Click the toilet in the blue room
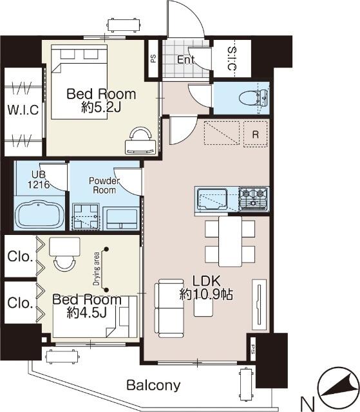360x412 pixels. click(253, 98)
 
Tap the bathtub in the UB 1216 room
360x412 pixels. click(40, 214)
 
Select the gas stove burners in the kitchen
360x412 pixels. click(253, 199)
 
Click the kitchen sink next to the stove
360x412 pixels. click(212, 199)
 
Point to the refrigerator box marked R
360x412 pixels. click(256, 134)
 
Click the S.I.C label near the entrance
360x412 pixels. click(232, 59)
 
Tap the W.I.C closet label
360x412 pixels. click(23, 109)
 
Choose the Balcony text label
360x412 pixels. click(153, 385)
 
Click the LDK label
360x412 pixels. click(206, 281)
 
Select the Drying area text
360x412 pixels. click(97, 269)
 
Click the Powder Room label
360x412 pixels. click(104, 185)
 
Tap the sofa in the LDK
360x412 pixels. click(169, 308)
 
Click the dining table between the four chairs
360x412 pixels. click(230, 241)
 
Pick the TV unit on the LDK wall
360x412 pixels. click(260, 304)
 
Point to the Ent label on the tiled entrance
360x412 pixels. click(185, 60)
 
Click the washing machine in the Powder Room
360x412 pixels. click(86, 216)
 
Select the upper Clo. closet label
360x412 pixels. click(20, 256)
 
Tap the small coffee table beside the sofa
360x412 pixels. click(204, 308)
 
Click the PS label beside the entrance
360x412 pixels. click(153, 59)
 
